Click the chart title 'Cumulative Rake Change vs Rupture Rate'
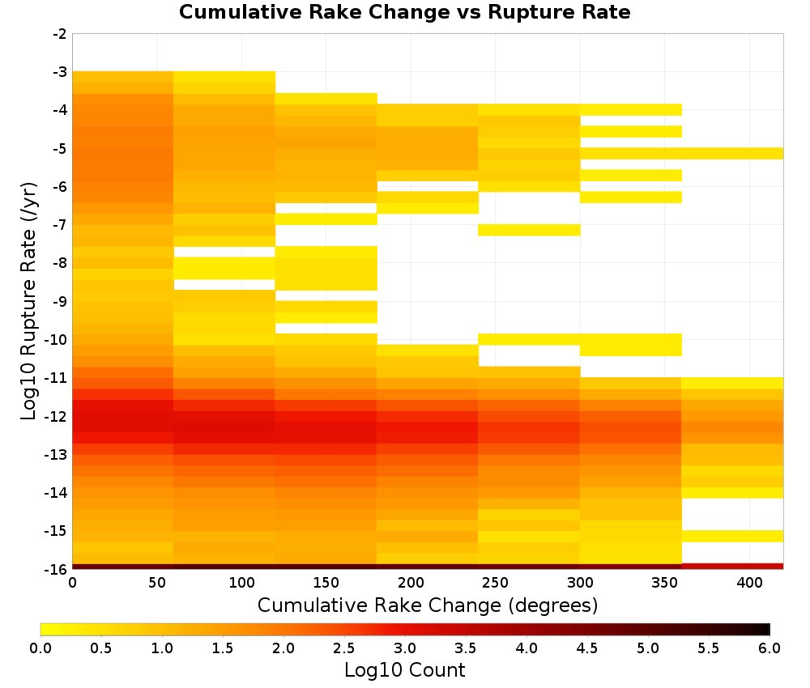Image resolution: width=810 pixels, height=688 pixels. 404,12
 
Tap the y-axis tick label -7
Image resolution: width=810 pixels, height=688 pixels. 60,225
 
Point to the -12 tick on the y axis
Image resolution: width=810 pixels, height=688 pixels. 57,417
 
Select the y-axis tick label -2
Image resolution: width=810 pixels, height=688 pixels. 60,34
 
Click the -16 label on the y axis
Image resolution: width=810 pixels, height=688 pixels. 57,569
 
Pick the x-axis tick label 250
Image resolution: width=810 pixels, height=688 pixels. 496,583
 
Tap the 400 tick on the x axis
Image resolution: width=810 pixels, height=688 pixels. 749,583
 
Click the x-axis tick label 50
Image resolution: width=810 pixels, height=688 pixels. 157,583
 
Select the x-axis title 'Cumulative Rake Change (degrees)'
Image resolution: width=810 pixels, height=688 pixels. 428,605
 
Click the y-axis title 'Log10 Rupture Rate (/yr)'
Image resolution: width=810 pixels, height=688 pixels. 28,301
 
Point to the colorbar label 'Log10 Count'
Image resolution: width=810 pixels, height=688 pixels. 404,670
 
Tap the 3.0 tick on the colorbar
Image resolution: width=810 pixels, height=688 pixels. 405,648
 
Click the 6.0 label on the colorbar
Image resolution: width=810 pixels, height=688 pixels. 769,648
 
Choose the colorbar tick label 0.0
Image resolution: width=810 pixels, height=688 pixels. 40,648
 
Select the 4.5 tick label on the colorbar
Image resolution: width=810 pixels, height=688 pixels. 586,648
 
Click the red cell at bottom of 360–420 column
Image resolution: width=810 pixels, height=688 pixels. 732,567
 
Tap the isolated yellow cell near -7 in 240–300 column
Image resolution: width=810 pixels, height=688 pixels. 529,230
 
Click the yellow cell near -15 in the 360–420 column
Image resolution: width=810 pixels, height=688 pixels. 732,537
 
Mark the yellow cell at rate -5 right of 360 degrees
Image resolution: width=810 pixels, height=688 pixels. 732,153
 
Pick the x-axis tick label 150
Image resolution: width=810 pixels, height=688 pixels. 326,583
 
